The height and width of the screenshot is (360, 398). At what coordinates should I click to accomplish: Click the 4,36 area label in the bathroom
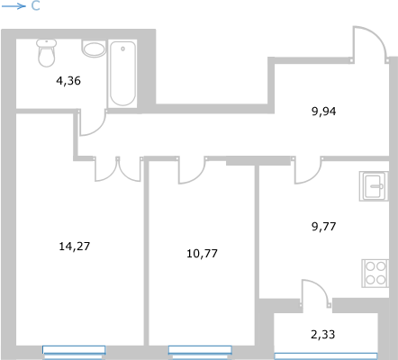click(x=68, y=81)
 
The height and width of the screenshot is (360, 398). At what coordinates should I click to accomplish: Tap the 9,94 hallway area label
click(x=324, y=112)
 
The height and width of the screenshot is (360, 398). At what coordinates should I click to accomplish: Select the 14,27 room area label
click(x=75, y=247)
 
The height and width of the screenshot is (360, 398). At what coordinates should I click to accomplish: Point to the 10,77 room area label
click(x=202, y=254)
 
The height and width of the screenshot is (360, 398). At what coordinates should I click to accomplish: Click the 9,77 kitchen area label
click(x=324, y=226)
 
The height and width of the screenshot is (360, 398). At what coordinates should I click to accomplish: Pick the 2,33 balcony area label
click(x=323, y=334)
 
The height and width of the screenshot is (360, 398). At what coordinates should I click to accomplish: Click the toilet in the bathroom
click(x=47, y=53)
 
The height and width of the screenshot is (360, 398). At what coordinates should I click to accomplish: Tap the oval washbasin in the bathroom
click(x=94, y=49)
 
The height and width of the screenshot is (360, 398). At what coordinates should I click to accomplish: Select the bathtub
click(x=122, y=74)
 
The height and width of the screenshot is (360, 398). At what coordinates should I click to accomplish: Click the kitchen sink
click(x=374, y=186)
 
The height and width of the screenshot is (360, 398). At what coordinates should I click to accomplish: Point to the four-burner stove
click(x=375, y=274)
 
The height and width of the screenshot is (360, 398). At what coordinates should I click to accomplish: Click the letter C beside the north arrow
click(x=35, y=6)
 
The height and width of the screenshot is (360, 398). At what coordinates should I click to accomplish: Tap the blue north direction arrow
click(x=14, y=6)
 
